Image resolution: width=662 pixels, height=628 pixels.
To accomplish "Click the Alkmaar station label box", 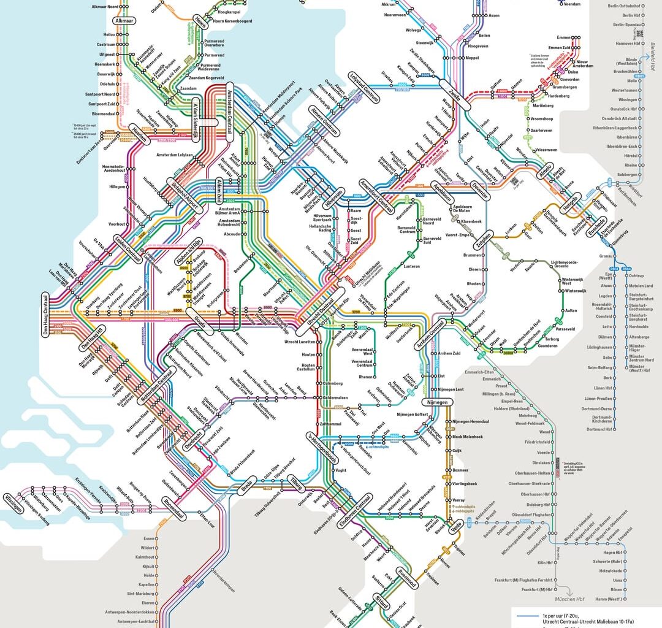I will [x=123, y=20].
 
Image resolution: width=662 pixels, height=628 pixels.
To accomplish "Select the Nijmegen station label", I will [x=438, y=402].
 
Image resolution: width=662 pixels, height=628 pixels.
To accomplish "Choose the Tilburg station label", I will [x=296, y=484].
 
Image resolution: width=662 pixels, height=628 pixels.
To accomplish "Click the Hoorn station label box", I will [x=200, y=21].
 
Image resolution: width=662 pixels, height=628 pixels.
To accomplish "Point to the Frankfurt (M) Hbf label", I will [x=525, y=589].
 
